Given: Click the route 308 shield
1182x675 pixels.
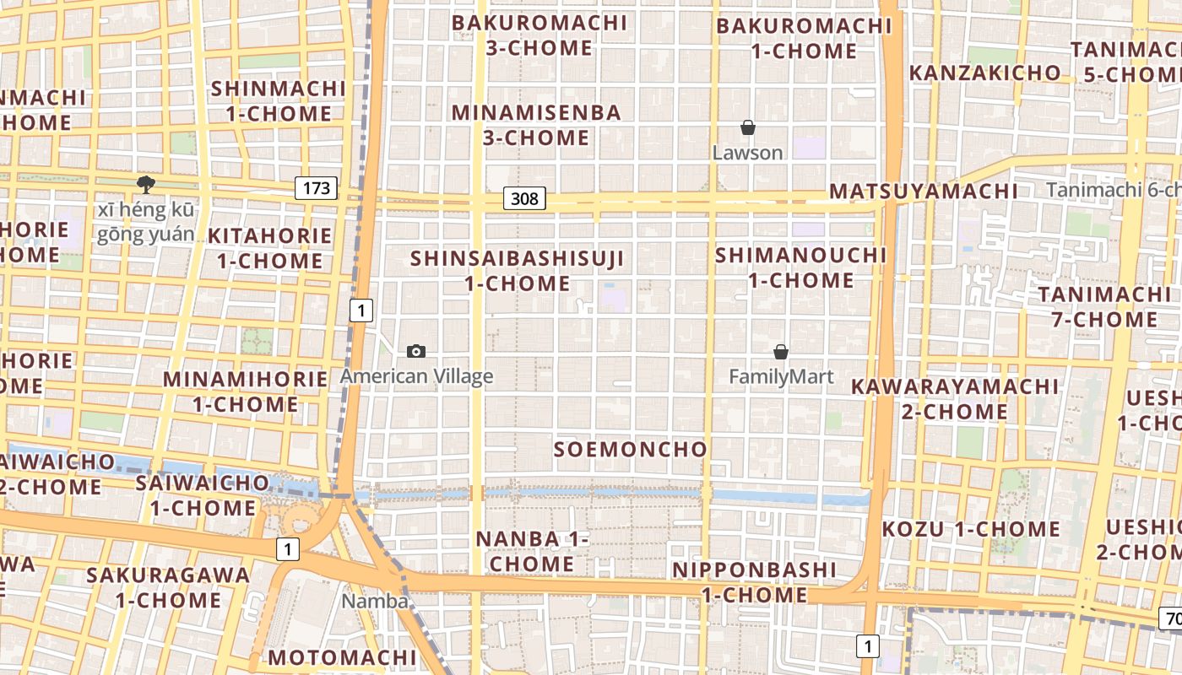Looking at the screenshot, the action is [524, 198].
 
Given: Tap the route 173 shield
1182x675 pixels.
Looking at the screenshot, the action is [317, 188].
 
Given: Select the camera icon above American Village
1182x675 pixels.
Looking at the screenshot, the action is [416, 351].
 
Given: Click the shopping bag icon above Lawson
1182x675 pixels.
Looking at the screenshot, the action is [747, 127].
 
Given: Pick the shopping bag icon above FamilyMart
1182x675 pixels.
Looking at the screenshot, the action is [781, 351].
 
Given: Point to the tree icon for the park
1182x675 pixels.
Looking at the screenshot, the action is [145, 184].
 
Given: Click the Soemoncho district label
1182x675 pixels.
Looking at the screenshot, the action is [630, 449].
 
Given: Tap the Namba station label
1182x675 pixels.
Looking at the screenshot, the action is [375, 602].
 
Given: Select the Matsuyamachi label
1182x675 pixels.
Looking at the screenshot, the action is [924, 191].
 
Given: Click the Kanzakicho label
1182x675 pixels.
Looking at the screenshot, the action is [984, 73].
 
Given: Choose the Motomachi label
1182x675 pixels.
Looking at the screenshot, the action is [342, 657].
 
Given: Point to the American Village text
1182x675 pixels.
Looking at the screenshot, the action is [416, 376].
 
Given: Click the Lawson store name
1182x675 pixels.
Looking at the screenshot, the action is [747, 153].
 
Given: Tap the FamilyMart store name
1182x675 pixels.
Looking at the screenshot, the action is [781, 376].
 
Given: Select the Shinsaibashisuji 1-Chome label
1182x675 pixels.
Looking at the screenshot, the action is [518, 271].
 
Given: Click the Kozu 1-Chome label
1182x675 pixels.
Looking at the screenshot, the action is [971, 530].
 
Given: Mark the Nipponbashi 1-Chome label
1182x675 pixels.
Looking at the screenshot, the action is [754, 582].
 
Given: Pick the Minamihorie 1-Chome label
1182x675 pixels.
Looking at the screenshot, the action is [245, 391].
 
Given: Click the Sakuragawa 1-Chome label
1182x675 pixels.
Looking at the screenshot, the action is [168, 588].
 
